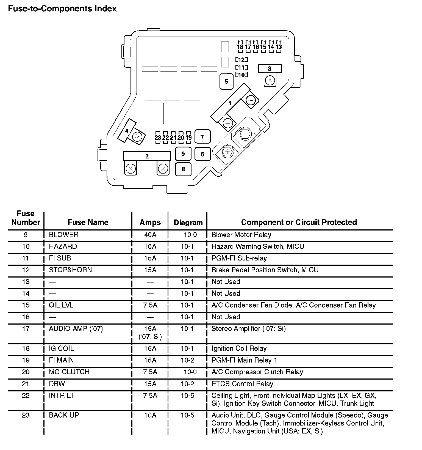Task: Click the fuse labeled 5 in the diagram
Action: (226, 81)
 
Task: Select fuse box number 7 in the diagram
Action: (202, 137)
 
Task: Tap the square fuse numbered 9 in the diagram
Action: (183, 154)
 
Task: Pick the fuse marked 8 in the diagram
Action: (183, 169)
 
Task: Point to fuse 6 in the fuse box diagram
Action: (202, 154)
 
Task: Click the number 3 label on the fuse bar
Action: (270, 68)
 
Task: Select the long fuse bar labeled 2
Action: (147, 156)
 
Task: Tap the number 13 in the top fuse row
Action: (279, 47)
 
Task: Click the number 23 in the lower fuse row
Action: (158, 138)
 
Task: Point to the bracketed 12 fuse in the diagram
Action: (241, 60)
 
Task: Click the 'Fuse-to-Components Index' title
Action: (62, 9)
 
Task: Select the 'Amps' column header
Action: (150, 222)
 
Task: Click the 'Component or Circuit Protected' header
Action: (299, 222)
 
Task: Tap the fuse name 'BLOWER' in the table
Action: (64, 235)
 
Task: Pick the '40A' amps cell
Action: (150, 235)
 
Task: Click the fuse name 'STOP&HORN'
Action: (70, 270)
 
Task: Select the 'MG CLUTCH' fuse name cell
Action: (69, 372)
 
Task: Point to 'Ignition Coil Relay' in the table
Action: (239, 349)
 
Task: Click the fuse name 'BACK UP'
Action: (64, 415)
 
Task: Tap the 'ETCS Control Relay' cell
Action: (242, 384)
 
